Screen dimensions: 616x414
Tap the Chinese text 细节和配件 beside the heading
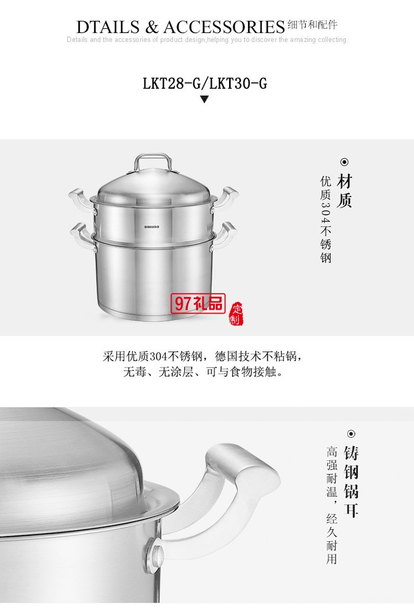pos(312,25)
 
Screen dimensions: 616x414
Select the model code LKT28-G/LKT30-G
pos(205,83)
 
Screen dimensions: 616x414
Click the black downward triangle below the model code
pos(204,100)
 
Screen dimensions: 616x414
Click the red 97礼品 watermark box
pos(199,302)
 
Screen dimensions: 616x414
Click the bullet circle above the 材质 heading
pos(344,162)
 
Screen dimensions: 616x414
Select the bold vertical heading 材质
pos(344,191)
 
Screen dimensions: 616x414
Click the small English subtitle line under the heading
pos(207,40)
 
